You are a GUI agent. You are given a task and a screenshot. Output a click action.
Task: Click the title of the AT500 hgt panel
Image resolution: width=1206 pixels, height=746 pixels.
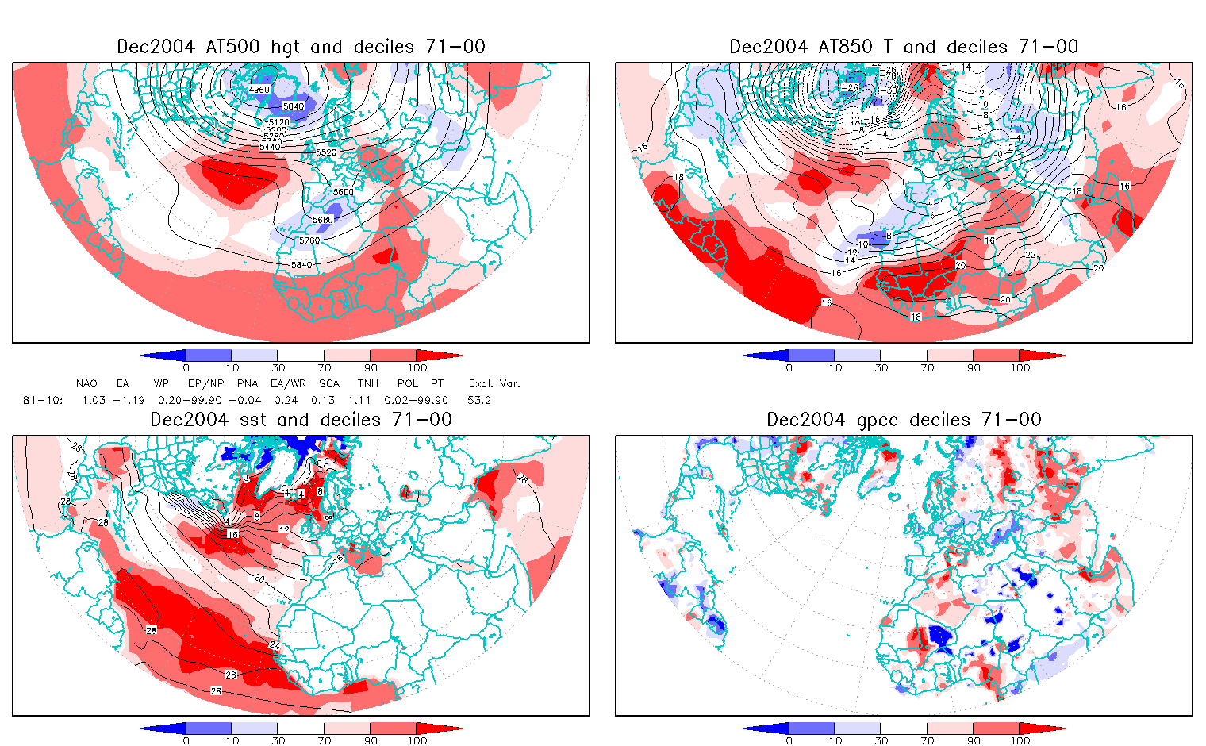pos(301,47)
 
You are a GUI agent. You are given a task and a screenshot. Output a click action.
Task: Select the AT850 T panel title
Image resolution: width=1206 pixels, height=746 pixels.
pos(904,47)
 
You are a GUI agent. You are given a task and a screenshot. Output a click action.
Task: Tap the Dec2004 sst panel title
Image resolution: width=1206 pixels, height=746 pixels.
pos(301,420)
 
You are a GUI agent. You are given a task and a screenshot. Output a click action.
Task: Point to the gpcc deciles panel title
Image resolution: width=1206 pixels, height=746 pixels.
pos(904,420)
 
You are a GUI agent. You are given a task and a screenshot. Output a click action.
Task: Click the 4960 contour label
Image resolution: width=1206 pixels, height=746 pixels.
pos(259,90)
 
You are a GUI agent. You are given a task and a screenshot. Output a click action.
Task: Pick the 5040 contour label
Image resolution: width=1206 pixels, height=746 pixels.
pos(293,106)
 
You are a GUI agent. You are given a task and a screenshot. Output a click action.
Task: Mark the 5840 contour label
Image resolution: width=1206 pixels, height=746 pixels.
pos(301,264)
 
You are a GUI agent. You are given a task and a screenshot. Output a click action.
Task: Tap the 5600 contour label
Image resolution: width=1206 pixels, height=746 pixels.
pos(344,193)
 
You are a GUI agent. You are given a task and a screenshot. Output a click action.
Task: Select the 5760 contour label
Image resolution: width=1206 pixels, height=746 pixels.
pos(309,240)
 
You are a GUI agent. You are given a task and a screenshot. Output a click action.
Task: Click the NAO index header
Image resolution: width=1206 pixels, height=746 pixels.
pos(86,383)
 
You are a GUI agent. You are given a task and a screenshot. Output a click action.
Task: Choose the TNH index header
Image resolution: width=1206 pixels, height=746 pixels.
pos(367,383)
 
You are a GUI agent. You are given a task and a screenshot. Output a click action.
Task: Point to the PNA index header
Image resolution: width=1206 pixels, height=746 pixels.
pos(248,383)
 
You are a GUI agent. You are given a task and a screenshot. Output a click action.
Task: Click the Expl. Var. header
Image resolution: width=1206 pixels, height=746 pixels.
pos(494,383)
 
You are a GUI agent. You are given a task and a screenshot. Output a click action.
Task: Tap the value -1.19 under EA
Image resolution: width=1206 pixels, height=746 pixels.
pos(128,400)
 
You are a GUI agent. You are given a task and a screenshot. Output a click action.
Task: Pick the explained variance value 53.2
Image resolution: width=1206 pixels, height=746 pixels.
pos(479,400)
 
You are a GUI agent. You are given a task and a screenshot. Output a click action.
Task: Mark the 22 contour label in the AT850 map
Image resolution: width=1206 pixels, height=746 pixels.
pos(1031,254)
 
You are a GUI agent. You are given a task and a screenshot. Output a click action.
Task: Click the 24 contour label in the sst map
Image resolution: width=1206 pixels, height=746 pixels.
pos(275,645)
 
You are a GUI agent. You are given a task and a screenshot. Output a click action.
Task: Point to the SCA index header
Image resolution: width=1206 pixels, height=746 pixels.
pos(329,383)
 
